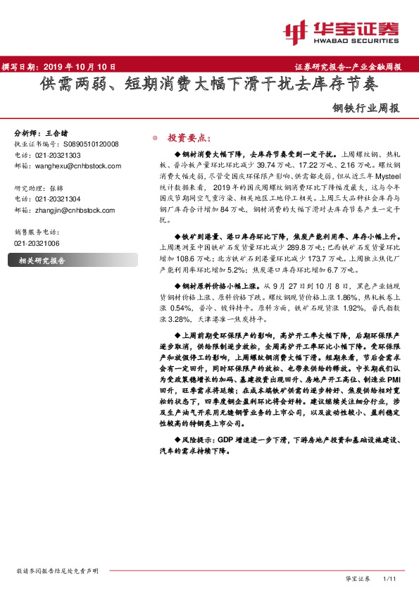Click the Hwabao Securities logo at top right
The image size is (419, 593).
[x=341, y=31]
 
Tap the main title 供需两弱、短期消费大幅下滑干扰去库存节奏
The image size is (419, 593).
[x=209, y=85]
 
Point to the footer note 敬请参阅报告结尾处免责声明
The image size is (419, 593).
[x=57, y=570]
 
